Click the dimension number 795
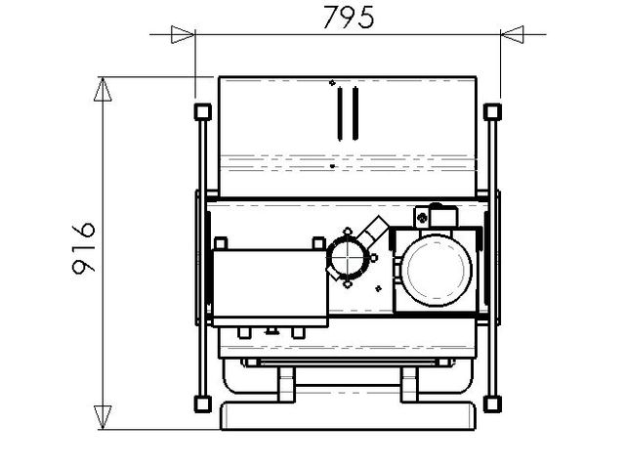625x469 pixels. [348, 18]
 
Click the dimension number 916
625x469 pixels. [84, 248]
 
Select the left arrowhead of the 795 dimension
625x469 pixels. [183, 34]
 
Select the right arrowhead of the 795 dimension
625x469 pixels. [512, 34]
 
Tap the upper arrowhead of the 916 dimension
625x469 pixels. [103, 89]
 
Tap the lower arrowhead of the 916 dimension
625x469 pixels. [103, 417]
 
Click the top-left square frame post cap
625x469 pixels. [203, 111]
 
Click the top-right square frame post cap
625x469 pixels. [492, 111]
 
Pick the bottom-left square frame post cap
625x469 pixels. [203, 404]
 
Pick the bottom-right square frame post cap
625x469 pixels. [492, 404]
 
